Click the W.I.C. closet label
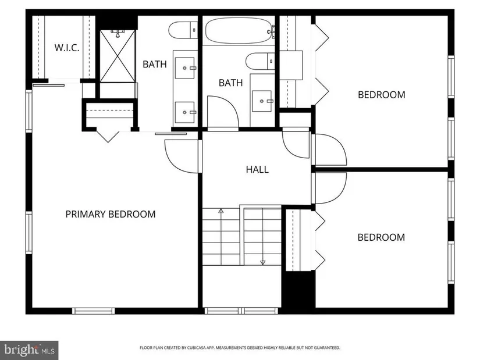click(x=67, y=48)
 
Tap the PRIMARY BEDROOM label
click(x=111, y=214)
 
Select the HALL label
click(x=257, y=169)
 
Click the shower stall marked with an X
click(x=118, y=56)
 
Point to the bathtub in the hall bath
click(x=239, y=31)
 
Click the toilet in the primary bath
click(x=183, y=30)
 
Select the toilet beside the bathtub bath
click(x=260, y=61)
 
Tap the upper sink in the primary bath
click(x=184, y=68)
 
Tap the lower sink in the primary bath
click(x=184, y=112)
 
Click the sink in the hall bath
click(x=262, y=101)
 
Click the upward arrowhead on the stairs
click(x=221, y=211)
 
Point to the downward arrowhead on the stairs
click(x=262, y=262)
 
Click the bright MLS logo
click(x=30, y=350)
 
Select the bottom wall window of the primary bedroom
click(x=93, y=311)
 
